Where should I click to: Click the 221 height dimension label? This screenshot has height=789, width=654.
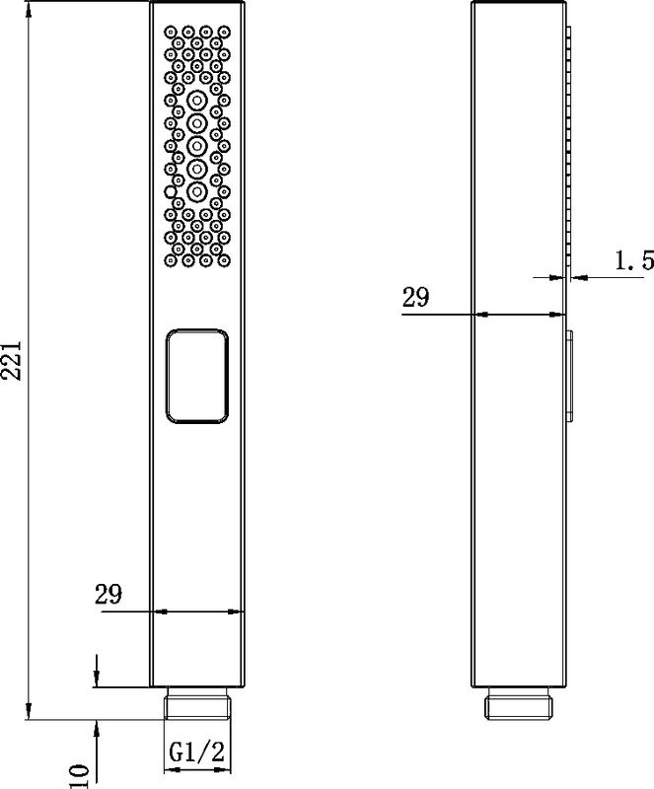11,360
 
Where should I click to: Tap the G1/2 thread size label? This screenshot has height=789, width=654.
197,753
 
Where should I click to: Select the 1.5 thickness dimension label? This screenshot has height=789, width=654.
634,260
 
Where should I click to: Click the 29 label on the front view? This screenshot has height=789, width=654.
109,595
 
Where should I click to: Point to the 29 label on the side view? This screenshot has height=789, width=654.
416,297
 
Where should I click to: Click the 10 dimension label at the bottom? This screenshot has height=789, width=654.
79,776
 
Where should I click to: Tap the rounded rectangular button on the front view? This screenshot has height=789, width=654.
197,376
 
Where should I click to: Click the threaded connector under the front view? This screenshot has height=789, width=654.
197,704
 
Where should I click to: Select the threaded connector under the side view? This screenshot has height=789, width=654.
519,704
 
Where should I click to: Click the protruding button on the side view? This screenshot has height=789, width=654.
569,376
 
